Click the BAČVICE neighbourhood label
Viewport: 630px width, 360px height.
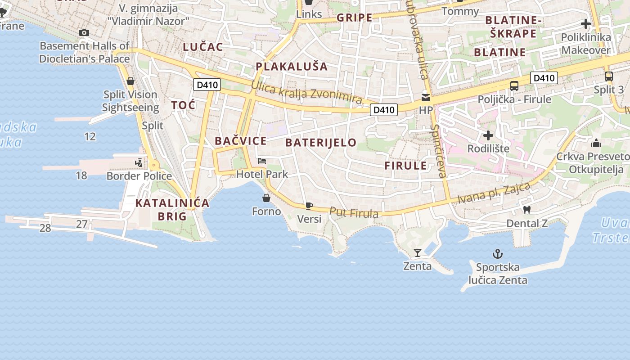240,141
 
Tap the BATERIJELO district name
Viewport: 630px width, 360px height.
320,143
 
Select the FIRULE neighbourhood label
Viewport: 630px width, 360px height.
405,165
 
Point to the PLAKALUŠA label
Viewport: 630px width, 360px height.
292,67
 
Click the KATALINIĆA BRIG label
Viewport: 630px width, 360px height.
172,209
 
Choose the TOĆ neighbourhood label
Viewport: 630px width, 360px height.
183,105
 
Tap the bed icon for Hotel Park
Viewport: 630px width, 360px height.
262,161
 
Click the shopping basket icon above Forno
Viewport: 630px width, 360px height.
266,198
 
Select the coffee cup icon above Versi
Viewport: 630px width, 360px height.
309,206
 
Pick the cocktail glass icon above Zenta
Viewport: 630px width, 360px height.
417,253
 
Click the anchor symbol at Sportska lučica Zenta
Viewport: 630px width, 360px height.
497,254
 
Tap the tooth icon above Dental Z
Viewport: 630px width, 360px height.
527,210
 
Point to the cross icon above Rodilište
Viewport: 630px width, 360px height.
488,135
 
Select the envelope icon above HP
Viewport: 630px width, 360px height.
425,97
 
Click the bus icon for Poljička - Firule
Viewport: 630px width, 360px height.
514,85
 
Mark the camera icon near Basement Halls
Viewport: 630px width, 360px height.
84,32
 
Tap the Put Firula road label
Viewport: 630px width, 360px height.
354,212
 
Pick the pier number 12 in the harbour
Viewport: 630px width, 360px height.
90,136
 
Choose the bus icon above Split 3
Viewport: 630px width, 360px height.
608,76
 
